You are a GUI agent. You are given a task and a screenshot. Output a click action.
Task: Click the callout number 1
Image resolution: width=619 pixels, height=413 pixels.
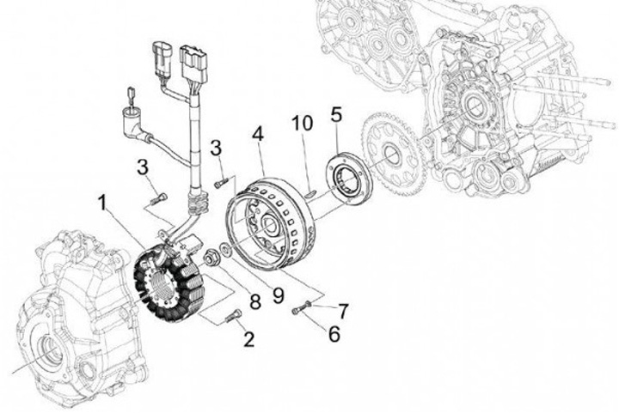coord(101,204)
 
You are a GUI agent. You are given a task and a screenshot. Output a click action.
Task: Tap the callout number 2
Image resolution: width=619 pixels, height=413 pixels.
coord(249,338)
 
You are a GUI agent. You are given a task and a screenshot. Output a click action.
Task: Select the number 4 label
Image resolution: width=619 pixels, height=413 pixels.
coord(257,134)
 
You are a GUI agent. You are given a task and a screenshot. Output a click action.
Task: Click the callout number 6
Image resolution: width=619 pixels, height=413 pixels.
coord(333,334)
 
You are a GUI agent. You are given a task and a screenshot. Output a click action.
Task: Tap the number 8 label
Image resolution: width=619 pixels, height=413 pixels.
coord(254,301)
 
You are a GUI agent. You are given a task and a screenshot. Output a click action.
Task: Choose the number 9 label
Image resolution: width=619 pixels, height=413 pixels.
coord(278,295)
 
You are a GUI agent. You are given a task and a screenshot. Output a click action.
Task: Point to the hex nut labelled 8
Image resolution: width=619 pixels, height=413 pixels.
coord(211,255)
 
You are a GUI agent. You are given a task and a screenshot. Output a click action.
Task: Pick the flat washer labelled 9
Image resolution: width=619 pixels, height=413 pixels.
coord(224,250)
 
